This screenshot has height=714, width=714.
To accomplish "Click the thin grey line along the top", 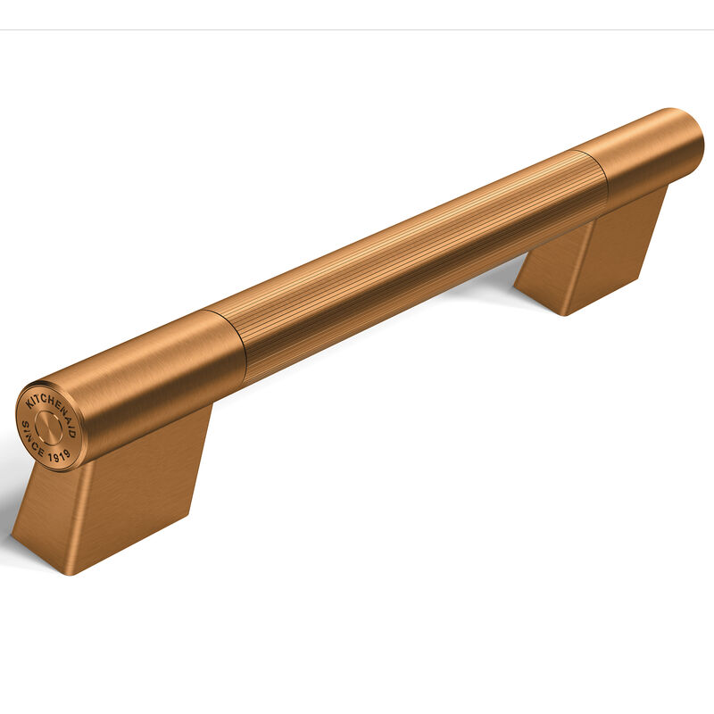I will [x=357, y=29].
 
